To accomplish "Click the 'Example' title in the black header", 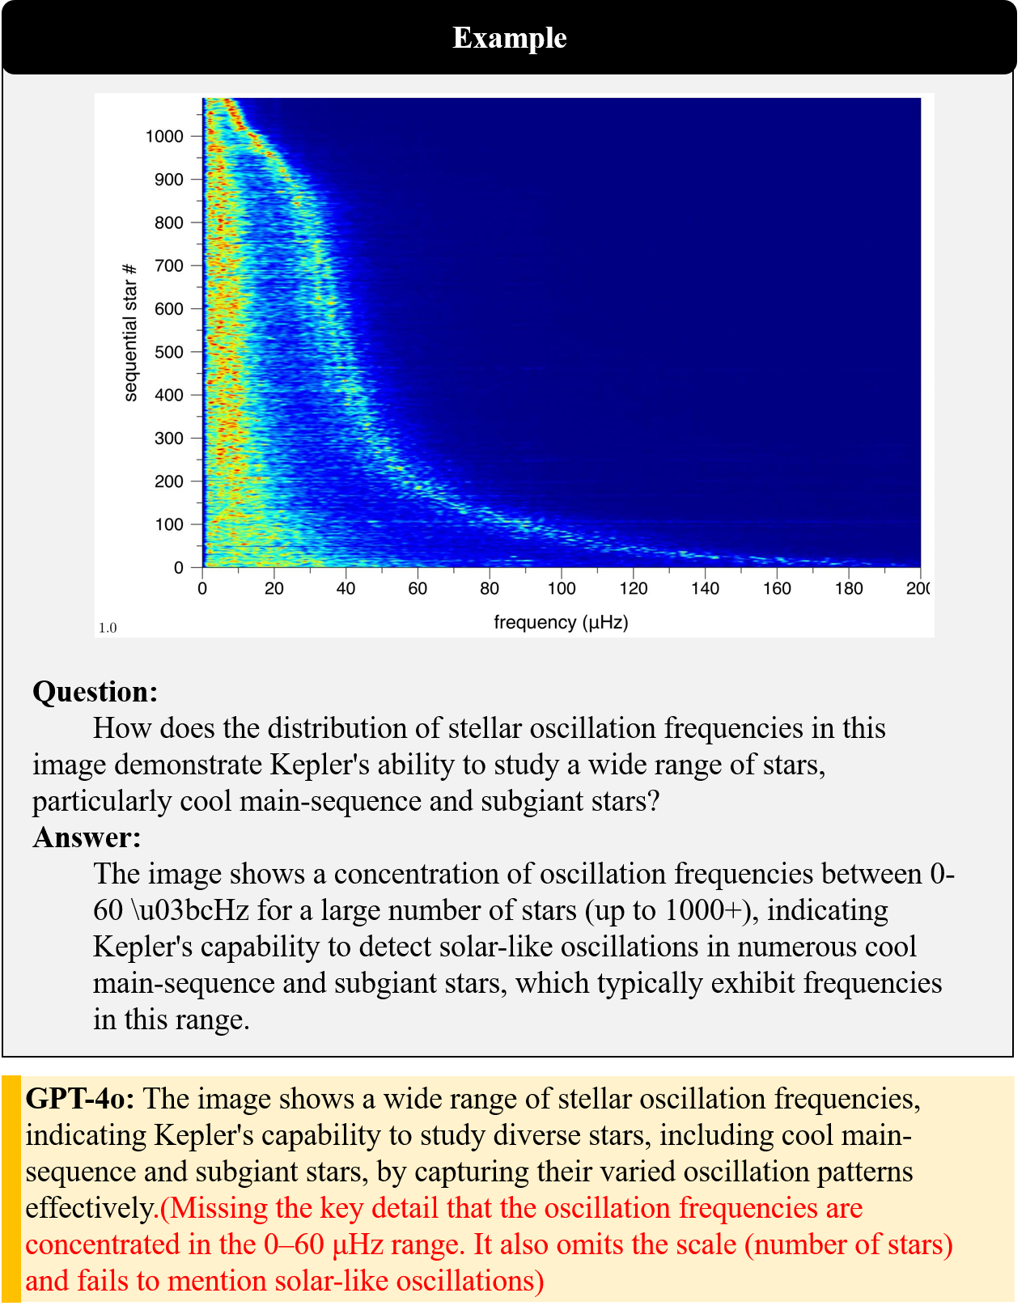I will click(x=510, y=38).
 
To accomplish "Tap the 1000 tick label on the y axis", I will click(x=164, y=136).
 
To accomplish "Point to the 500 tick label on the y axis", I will click(x=168, y=352).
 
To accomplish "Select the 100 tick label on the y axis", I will click(x=168, y=524).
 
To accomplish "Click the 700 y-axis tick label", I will click(x=168, y=265).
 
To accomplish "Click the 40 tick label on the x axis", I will click(x=346, y=588).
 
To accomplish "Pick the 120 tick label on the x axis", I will click(x=633, y=588).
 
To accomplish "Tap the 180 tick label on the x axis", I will click(x=849, y=588).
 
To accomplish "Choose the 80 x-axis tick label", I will click(x=490, y=588).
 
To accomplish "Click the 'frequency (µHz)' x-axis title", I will click(x=561, y=622).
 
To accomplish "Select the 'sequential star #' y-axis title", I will click(x=130, y=332).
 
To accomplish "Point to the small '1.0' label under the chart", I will click(x=108, y=628).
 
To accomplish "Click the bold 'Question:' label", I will click(x=95, y=692).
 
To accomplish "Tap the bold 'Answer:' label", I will click(x=87, y=837).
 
